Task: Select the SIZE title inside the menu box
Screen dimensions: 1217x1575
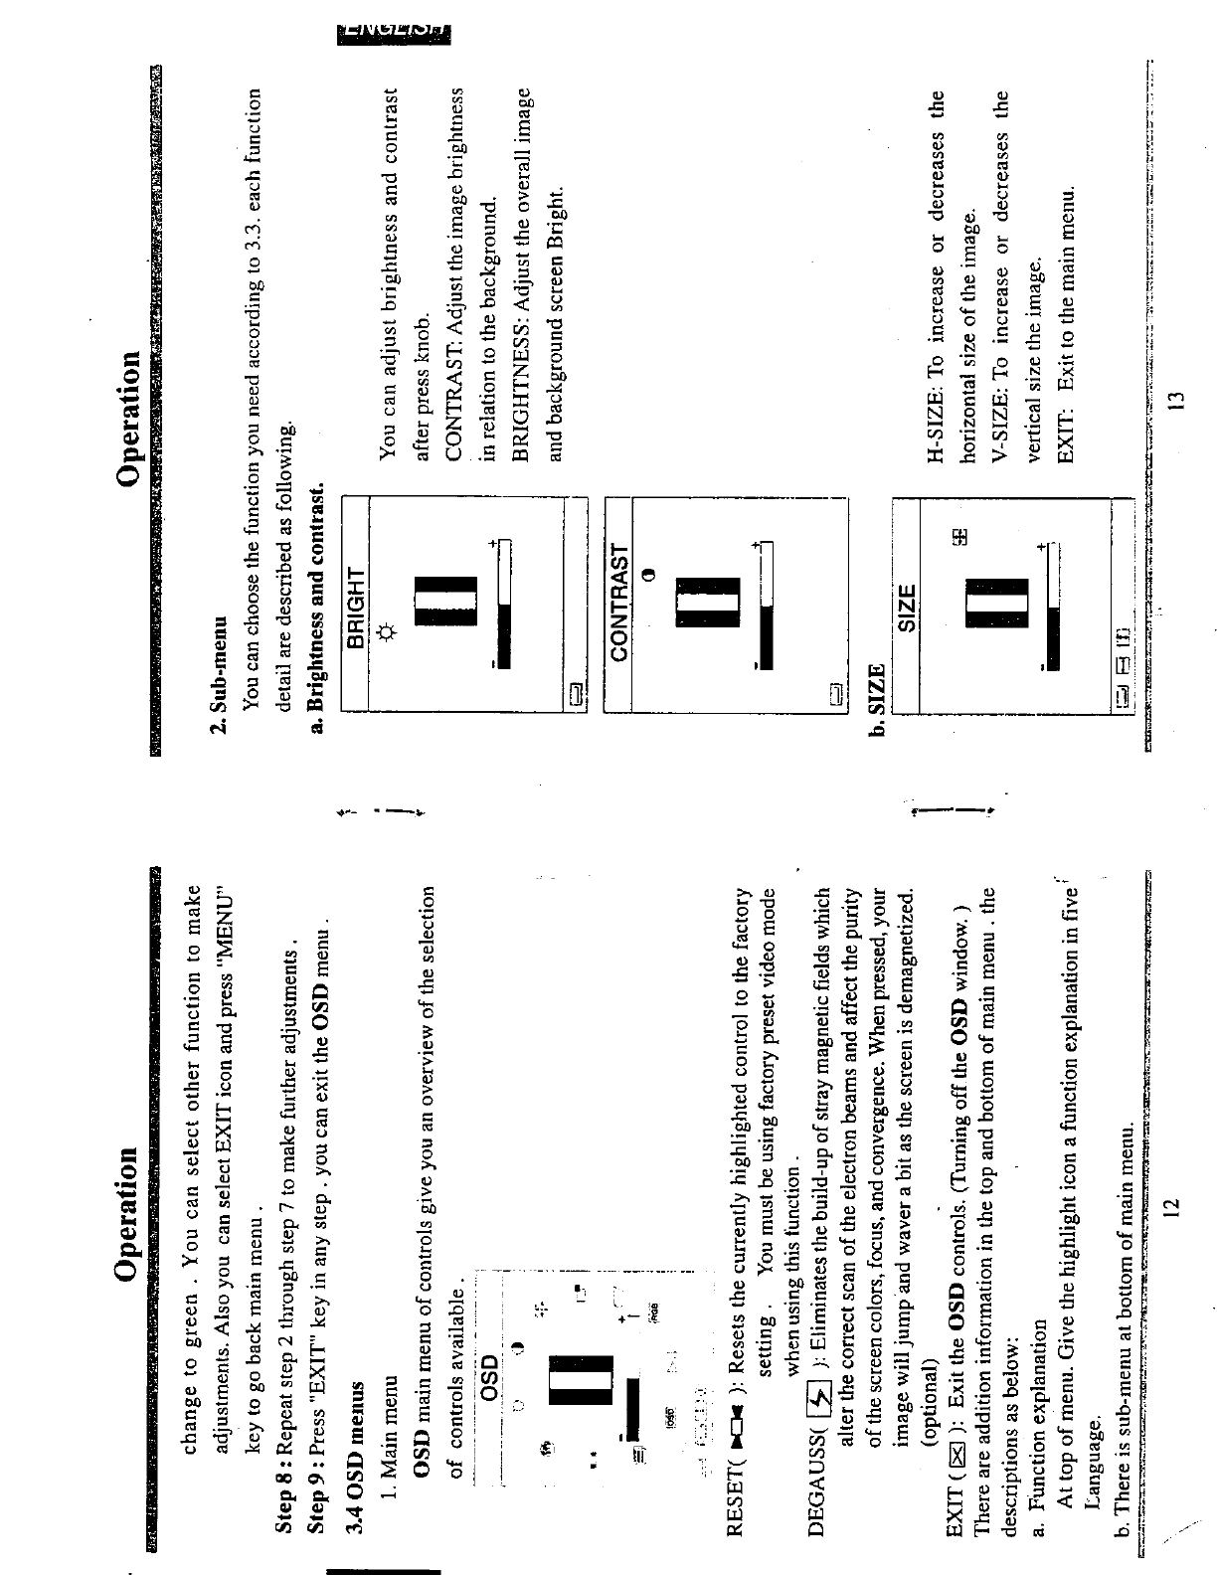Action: click(x=906, y=605)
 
